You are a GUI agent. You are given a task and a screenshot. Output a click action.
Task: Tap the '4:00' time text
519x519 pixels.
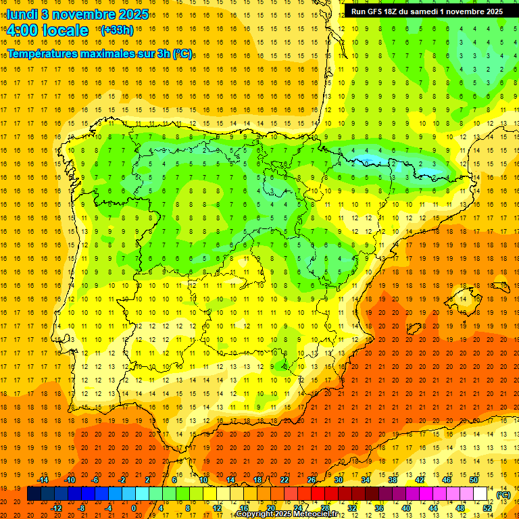(22, 30)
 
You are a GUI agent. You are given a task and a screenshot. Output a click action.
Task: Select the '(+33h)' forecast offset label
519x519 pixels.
(116, 30)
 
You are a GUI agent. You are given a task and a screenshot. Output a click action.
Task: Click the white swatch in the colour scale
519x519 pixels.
(480, 494)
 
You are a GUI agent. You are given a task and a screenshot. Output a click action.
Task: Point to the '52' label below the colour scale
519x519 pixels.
(488, 508)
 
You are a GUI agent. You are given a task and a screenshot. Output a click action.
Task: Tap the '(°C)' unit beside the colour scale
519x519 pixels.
(503, 495)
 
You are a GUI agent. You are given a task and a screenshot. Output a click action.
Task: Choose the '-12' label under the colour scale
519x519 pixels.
(56, 508)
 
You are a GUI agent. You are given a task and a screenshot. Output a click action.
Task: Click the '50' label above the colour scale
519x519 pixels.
(474, 480)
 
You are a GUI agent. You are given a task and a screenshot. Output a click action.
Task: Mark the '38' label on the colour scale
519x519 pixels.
(393, 480)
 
